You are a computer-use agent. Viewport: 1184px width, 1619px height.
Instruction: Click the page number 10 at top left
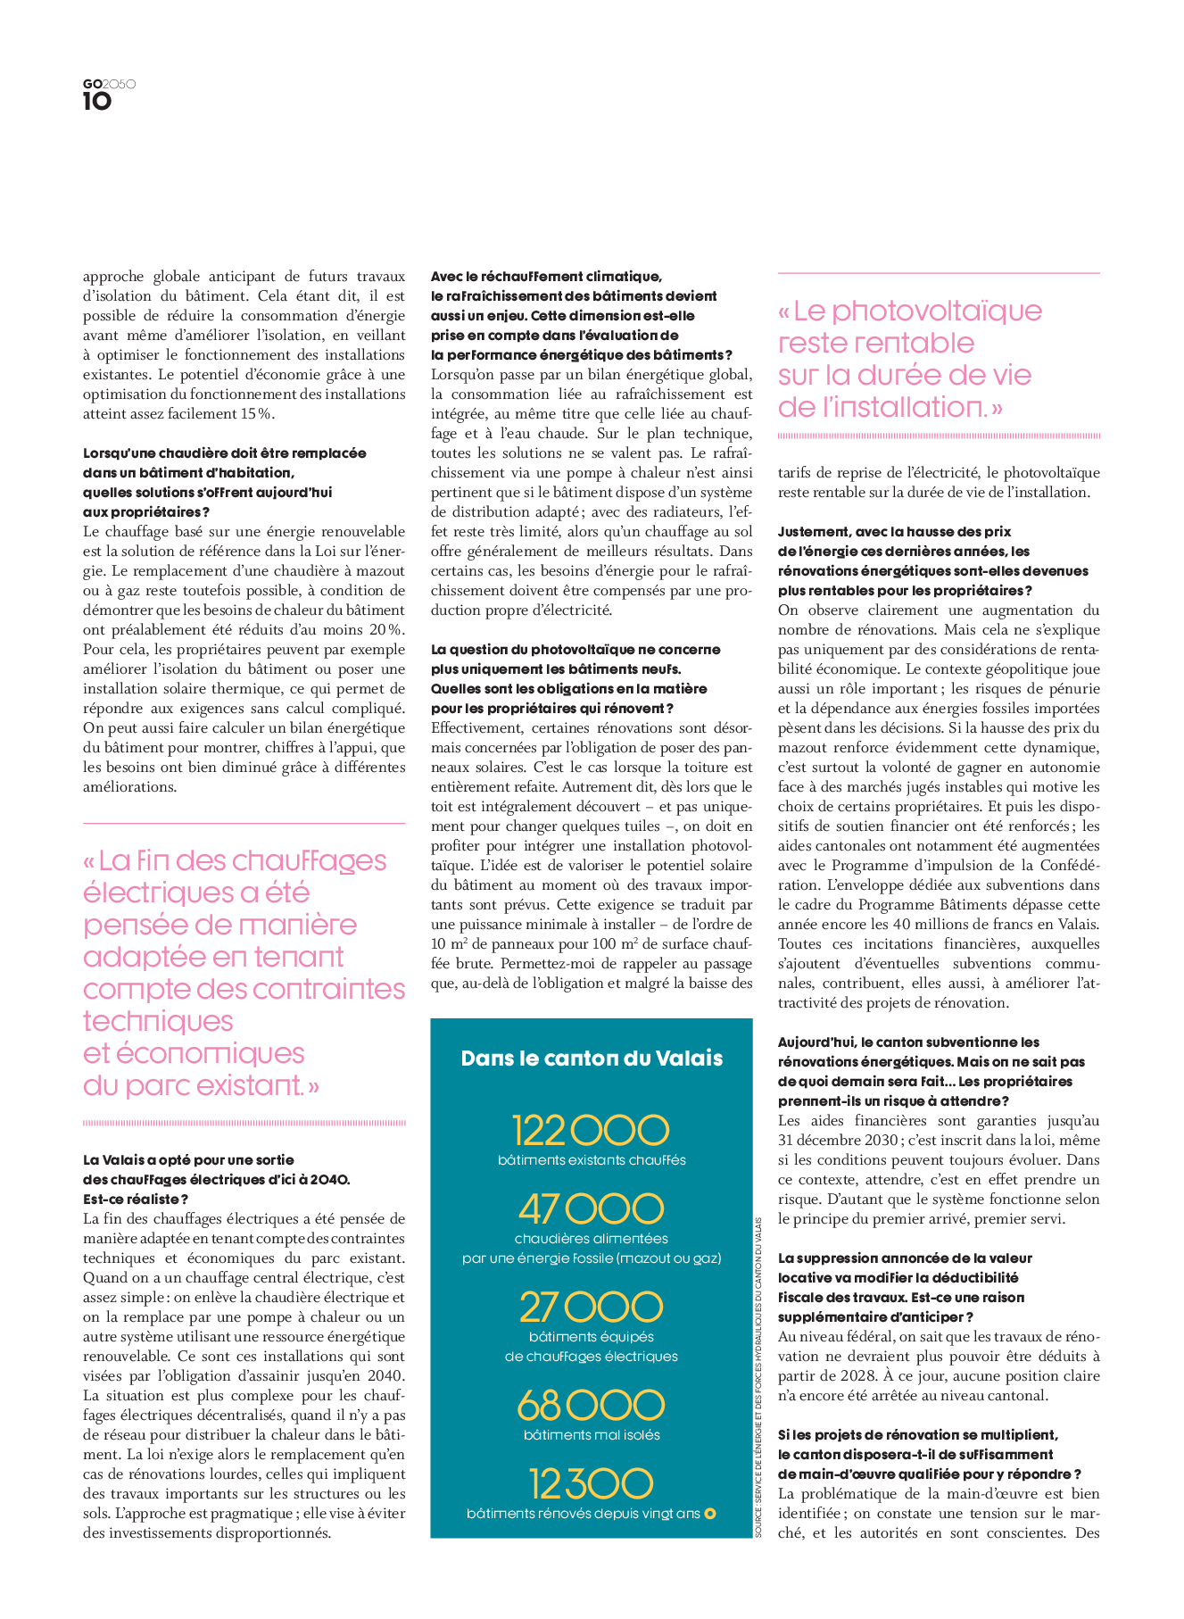click(97, 102)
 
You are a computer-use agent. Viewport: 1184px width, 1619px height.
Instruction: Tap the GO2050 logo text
click(109, 84)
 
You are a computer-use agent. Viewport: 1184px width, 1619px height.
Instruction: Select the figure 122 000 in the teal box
click(591, 1130)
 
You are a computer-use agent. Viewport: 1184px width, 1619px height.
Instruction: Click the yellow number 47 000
click(591, 1209)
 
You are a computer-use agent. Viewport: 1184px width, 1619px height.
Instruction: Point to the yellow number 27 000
click(591, 1308)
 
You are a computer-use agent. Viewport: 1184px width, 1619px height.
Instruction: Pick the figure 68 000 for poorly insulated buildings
click(591, 1406)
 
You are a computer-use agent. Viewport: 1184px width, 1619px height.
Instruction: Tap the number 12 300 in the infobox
click(591, 1484)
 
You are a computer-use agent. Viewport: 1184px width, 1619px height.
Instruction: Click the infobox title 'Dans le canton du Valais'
click(592, 1059)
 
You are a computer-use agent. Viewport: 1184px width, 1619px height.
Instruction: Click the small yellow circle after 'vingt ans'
click(710, 1514)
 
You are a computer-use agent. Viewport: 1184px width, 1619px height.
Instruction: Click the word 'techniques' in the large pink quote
click(158, 1021)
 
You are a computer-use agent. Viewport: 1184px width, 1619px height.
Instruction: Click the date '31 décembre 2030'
click(831, 1141)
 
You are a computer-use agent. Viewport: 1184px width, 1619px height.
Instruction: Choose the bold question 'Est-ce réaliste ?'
click(136, 1200)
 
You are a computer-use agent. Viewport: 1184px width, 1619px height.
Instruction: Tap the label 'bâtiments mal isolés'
click(592, 1435)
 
